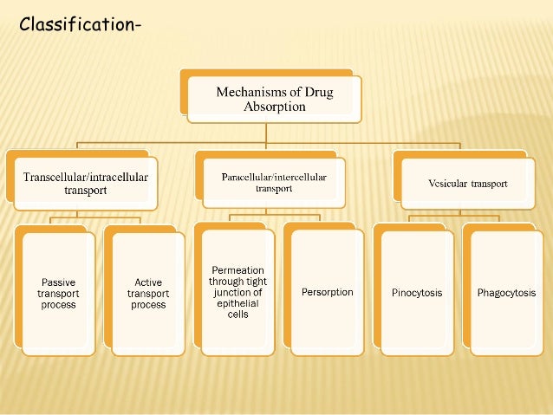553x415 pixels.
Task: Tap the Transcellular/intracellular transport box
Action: coord(85,184)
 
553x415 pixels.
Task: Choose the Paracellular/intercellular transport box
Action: coord(273,182)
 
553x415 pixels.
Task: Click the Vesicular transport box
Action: coord(467,184)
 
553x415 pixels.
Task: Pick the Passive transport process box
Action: coord(58,293)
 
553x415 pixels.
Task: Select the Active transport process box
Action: coord(148,293)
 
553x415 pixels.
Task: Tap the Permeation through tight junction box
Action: coord(237,292)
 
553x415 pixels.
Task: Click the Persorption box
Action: coord(327,292)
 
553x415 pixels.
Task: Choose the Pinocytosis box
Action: coord(417,293)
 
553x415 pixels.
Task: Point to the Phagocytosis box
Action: coord(506,293)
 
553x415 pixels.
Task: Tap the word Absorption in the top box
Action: coord(274,107)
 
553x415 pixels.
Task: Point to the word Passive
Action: coord(58,282)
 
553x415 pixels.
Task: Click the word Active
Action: coord(148,282)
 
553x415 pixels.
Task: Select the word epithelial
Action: coord(237,303)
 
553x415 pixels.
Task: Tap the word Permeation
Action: coord(237,270)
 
